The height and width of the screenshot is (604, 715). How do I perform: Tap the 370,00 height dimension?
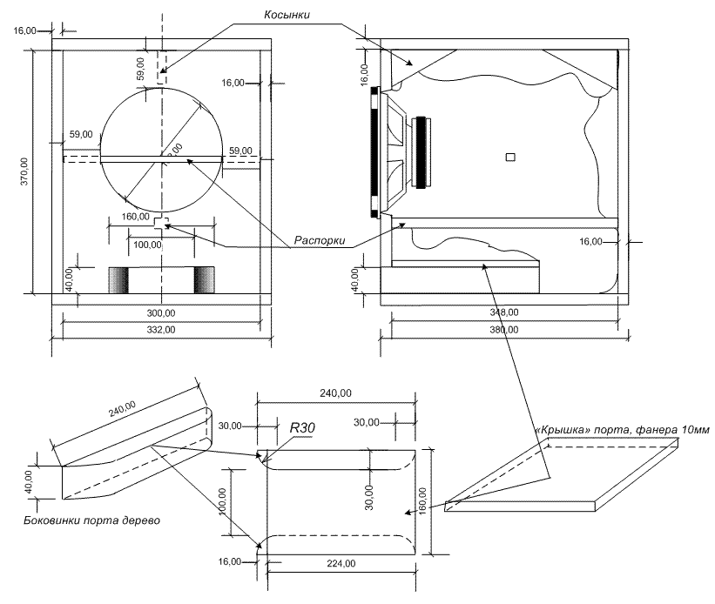24,171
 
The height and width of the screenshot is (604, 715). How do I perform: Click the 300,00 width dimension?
160,312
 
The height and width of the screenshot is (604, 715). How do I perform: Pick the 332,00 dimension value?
160,330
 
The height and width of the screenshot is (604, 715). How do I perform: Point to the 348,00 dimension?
504,312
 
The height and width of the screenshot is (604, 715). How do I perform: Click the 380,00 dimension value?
504,330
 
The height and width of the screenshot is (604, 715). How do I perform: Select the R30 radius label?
301,428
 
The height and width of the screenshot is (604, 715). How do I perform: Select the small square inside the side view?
510,157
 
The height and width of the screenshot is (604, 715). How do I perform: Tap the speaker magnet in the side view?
423,152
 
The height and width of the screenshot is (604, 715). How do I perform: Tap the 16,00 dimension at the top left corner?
24,30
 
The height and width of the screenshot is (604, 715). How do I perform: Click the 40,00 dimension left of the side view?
354,279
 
